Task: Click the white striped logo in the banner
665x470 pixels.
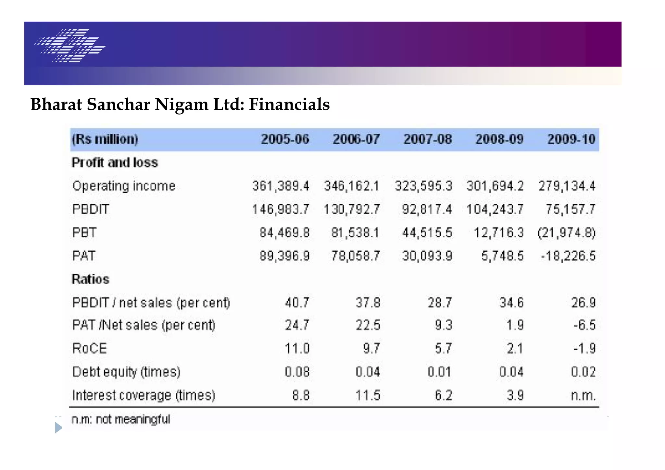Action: click(70, 45)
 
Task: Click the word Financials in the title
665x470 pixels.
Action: click(289, 105)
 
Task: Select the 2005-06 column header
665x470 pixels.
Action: click(285, 139)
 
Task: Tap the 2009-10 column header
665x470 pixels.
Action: click(571, 139)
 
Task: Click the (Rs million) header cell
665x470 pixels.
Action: click(105, 139)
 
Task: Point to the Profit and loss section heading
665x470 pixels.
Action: click(115, 162)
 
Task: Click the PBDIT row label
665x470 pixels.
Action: click(91, 209)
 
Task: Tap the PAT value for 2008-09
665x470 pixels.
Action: click(502, 256)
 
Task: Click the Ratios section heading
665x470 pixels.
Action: click(91, 279)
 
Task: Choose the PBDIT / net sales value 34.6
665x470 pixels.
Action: click(511, 303)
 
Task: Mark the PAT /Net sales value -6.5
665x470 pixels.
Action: click(584, 325)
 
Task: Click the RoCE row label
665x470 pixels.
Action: click(90, 349)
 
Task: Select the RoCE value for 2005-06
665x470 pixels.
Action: click(297, 349)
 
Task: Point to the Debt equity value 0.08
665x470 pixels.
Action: click(297, 372)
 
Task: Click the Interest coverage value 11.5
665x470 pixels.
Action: click(368, 395)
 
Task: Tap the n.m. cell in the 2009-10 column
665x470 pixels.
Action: click(583, 395)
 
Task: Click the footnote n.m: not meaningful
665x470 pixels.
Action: click(120, 419)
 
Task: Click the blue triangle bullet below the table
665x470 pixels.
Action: click(58, 427)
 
